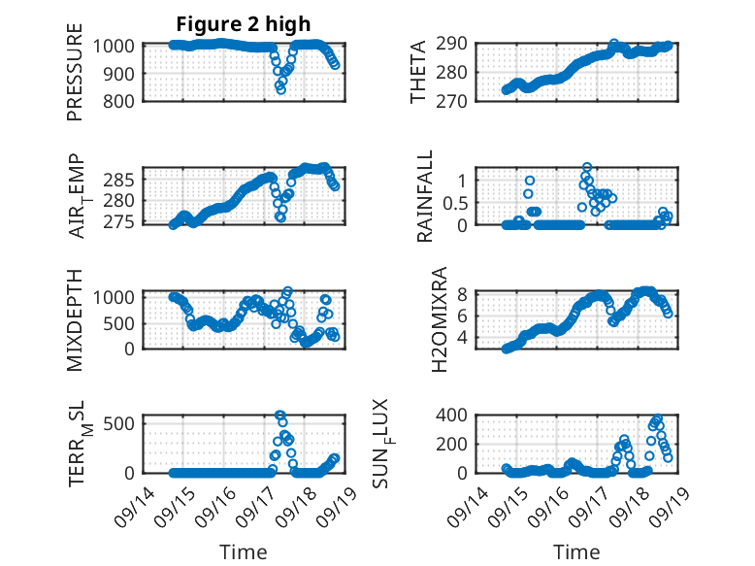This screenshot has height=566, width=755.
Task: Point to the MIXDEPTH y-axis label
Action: pos(75,319)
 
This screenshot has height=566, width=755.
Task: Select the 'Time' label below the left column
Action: pos(244,552)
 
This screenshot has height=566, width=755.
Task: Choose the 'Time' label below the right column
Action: pos(576,552)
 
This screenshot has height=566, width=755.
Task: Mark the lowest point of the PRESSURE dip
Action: pos(280,89)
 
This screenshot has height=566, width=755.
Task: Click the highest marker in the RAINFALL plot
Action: pos(587,167)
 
